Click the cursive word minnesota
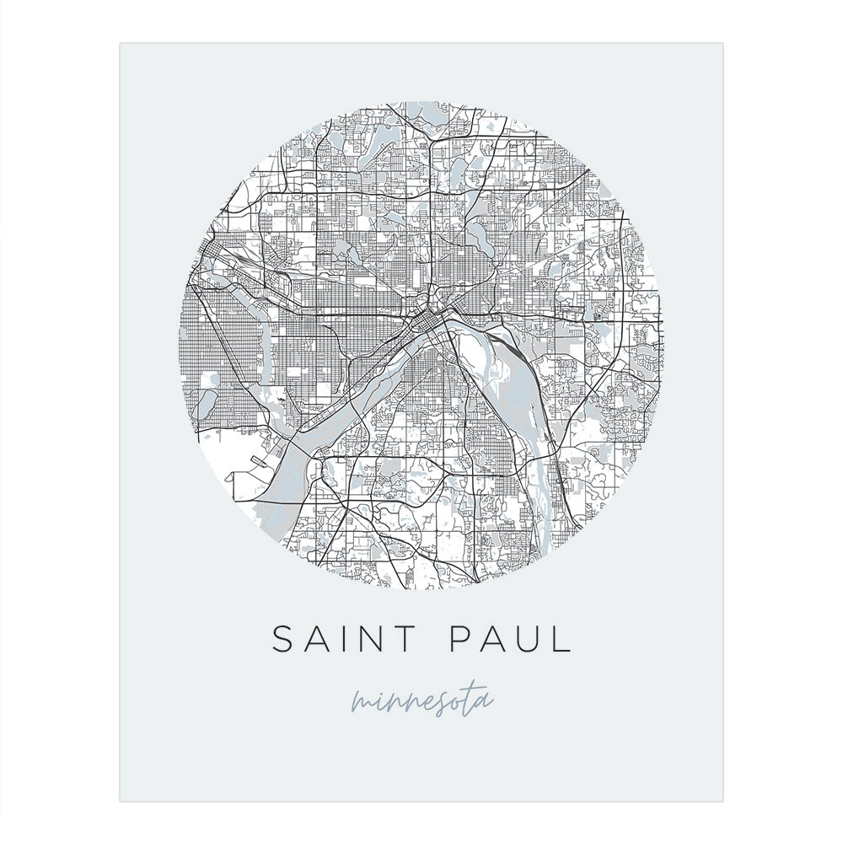[421, 701]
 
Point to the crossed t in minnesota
[472, 697]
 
